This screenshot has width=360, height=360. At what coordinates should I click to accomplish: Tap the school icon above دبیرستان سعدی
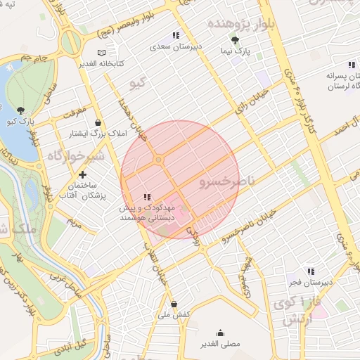(176, 35)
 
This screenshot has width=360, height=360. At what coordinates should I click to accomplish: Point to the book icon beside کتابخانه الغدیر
(102, 53)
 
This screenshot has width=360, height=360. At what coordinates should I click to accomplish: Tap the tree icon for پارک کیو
(20, 110)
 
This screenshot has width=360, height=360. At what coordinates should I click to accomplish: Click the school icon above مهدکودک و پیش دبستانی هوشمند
(146, 198)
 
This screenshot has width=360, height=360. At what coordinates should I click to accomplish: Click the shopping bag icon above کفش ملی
(174, 304)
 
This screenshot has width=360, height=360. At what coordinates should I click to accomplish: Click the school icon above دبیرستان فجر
(310, 271)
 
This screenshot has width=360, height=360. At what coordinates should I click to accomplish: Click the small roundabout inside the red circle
(159, 161)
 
